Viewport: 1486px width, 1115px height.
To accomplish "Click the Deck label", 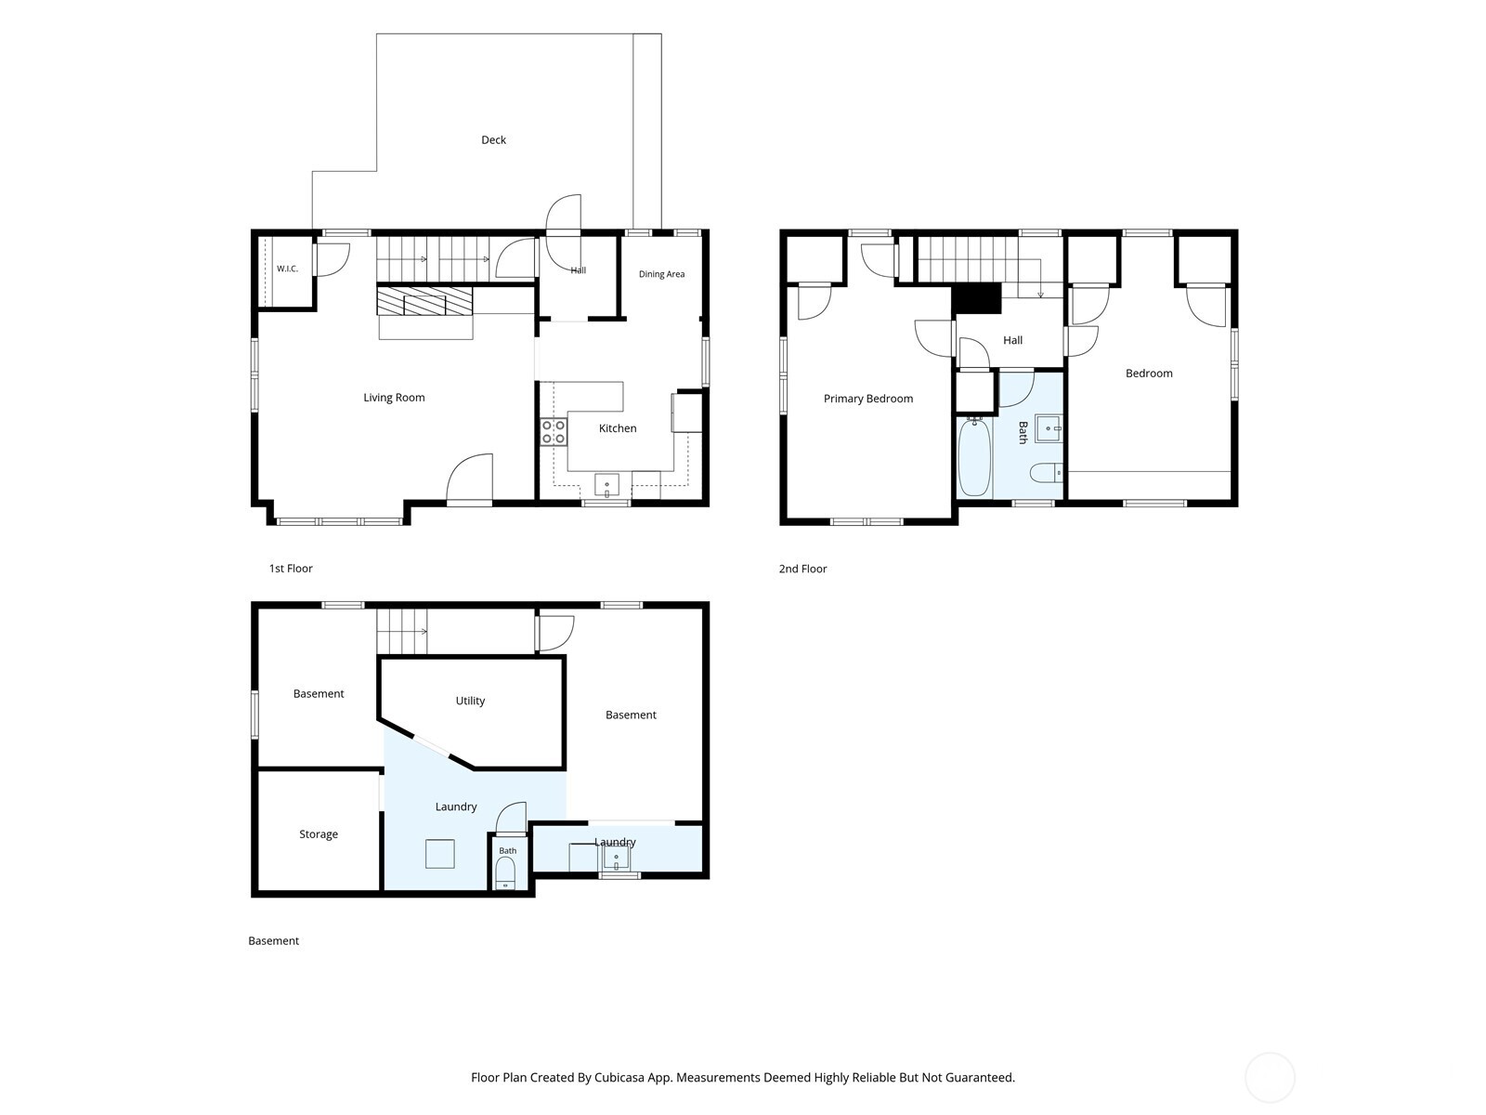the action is click(x=493, y=140).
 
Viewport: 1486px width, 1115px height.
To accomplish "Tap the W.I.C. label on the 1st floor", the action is click(x=287, y=269).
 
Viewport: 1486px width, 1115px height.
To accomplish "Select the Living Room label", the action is click(x=394, y=398).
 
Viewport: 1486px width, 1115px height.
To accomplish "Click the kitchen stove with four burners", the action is click(x=554, y=432).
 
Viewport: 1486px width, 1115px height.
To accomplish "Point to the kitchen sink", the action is click(x=606, y=485).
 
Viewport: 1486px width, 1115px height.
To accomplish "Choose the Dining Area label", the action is click(x=661, y=274).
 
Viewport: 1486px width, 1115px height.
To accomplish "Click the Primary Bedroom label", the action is click(x=867, y=399).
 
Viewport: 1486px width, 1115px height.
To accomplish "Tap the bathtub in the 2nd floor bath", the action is click(x=975, y=458).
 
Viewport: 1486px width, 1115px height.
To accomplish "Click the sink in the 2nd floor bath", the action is click(x=1049, y=428).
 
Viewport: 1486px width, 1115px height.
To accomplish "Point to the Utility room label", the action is click(x=470, y=701).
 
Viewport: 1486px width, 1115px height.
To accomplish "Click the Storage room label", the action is click(x=319, y=834).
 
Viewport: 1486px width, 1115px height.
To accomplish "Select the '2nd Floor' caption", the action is click(x=802, y=569).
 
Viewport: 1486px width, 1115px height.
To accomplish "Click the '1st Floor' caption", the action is click(x=291, y=569).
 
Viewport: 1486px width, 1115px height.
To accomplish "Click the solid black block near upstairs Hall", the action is click(x=976, y=298).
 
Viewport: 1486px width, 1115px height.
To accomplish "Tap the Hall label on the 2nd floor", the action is click(x=1012, y=340).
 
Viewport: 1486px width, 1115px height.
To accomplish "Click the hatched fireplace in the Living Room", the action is click(x=424, y=301).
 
